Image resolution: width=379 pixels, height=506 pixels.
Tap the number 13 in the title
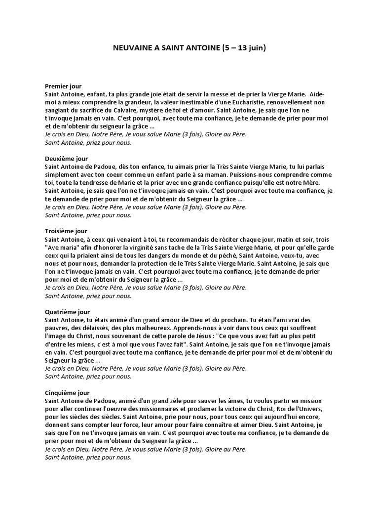pos(242,48)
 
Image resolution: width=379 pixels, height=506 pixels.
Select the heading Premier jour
pos(63,86)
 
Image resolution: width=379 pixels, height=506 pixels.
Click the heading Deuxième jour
pos(66,159)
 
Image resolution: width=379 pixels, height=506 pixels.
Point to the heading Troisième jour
pos(66,231)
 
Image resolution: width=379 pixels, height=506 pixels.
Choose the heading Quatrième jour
pos(68,312)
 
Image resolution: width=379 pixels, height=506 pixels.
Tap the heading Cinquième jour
pos(67,393)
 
